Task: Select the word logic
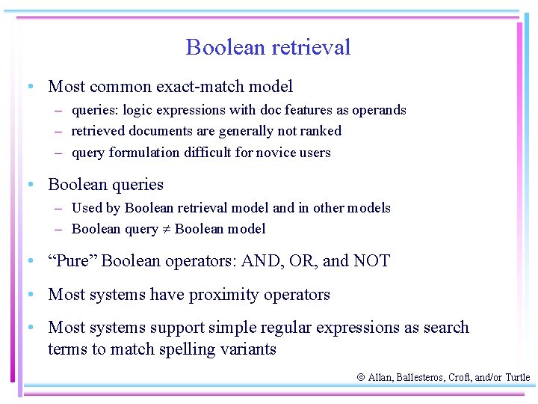[x=137, y=110]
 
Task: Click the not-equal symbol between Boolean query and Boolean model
[x=166, y=230]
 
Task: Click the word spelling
[x=190, y=349]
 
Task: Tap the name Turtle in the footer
[x=517, y=378]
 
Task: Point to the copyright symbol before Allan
[x=360, y=378]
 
